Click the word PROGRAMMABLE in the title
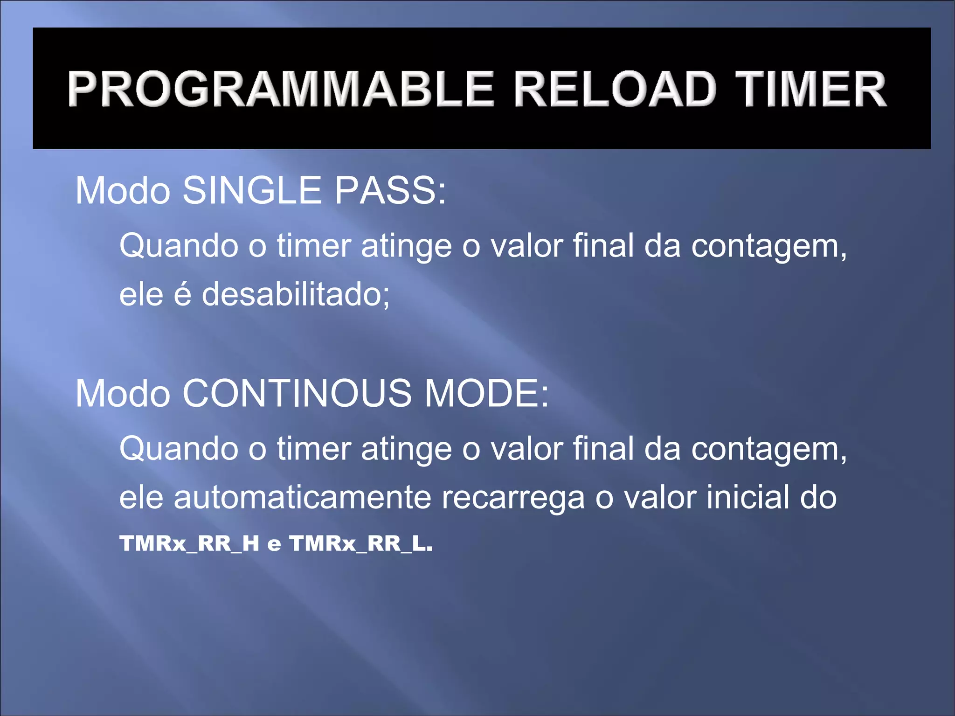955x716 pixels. pos(280,89)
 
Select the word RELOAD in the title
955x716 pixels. pos(615,89)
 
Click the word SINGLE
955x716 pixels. pos(252,191)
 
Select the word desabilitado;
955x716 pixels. pos(296,295)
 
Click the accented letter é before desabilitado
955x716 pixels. pos(183,295)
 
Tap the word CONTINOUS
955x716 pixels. pos(297,394)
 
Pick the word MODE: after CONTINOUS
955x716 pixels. pos(486,394)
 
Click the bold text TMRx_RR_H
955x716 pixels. pos(189,544)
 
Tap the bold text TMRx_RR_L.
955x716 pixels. pos(360,544)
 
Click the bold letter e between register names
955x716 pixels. pos(274,545)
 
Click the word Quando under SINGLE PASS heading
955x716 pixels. pos(179,246)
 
